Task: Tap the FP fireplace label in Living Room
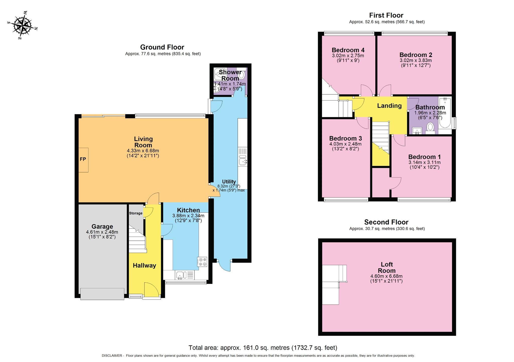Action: [x=83, y=159]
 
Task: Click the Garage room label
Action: [x=102, y=226]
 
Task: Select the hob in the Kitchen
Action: [x=202, y=262]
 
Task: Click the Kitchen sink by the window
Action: [x=180, y=275]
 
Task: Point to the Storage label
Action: [x=136, y=213]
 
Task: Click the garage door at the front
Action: [x=102, y=294]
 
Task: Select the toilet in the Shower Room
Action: [x=241, y=75]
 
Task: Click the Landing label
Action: [x=389, y=106]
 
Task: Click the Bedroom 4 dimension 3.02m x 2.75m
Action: [x=348, y=56]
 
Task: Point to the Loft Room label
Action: [x=387, y=267]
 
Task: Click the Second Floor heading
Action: [x=386, y=222]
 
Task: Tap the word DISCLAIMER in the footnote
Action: [x=112, y=356]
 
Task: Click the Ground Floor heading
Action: [x=162, y=47]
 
